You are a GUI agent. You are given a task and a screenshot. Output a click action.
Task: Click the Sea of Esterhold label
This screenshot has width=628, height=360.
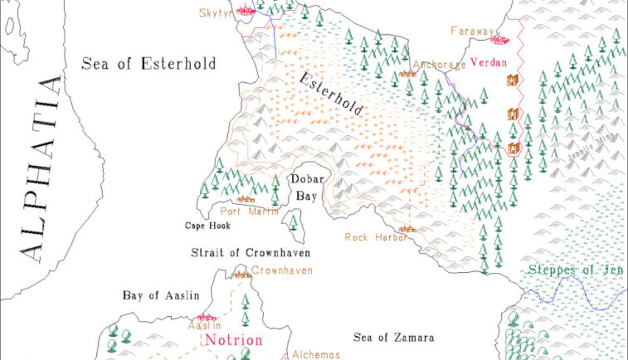pos(148,63)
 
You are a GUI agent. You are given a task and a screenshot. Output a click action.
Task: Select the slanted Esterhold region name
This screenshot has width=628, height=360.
pos(331,93)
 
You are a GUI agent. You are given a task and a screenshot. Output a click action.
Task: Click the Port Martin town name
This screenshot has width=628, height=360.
pos(249,211)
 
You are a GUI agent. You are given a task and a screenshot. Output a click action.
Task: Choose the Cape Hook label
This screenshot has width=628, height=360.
pos(207,226)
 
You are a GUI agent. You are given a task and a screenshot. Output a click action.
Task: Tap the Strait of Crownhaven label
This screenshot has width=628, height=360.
pos(251,253)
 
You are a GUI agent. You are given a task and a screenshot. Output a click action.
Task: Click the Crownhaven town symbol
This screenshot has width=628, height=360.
pos(241,274)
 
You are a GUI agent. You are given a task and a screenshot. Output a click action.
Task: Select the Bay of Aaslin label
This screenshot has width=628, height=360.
pos(153,296)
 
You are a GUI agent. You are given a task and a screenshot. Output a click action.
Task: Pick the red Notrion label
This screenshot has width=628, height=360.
pos(234,340)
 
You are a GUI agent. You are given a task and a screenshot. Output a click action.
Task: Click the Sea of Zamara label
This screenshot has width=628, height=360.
pos(394,338)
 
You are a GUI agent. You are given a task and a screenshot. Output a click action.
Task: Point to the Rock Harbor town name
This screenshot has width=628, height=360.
pos(376,237)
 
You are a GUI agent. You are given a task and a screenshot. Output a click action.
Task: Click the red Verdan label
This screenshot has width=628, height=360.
pos(488,62)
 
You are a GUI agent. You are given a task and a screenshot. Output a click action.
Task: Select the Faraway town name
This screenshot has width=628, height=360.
pos(472,31)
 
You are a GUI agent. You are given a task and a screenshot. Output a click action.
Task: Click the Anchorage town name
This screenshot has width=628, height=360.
pos(439,66)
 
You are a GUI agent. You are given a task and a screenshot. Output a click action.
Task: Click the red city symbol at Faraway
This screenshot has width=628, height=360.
pos(499,39)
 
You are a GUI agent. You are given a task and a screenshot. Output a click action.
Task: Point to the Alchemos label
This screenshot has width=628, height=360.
pos(316,355)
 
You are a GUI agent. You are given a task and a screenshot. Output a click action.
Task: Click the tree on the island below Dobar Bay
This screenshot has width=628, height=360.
pos(293,221)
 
